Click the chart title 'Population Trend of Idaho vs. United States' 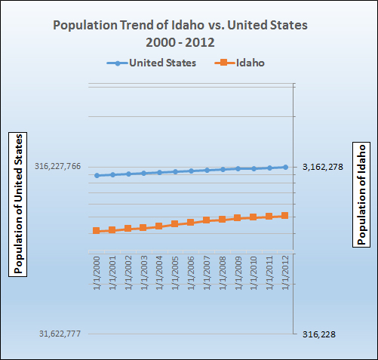(x=179, y=25)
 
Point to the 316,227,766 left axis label (x=57, y=167)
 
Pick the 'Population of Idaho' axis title (x=361, y=193)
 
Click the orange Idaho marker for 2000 (x=97, y=230)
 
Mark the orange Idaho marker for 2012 (x=285, y=216)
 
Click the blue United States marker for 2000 (x=97, y=175)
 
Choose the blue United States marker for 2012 (x=285, y=167)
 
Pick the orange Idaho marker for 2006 (x=191, y=223)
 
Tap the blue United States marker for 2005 (x=175, y=171)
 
